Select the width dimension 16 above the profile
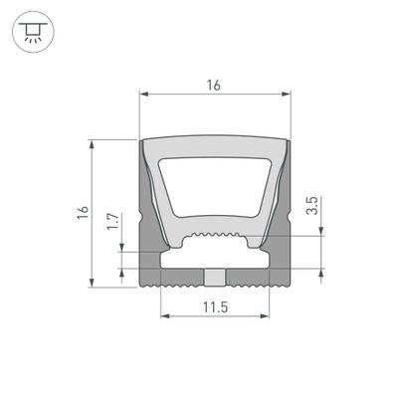213,86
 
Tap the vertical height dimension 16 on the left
83,213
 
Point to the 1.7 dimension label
111,220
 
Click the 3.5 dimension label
311,208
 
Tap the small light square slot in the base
213,275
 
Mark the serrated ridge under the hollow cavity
214,239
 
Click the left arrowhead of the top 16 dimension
142,96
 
